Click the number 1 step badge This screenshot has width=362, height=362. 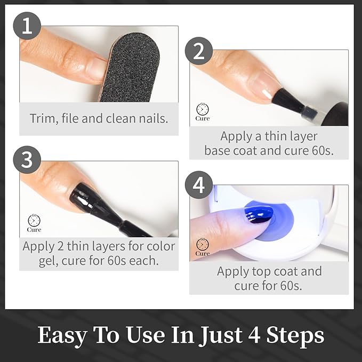coord(27,26)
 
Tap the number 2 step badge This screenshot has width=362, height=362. coord(199,51)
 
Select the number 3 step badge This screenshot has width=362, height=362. coord(27,160)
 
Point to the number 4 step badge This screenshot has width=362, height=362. coord(199,185)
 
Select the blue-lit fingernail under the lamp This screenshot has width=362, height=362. coord(259,215)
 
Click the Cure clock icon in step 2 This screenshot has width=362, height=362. coord(203,112)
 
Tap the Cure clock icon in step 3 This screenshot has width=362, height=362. coord(34,223)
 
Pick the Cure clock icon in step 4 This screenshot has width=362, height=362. coord(203,247)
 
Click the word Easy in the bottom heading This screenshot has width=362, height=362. coord(62,335)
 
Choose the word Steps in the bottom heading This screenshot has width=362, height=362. coord(295,335)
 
